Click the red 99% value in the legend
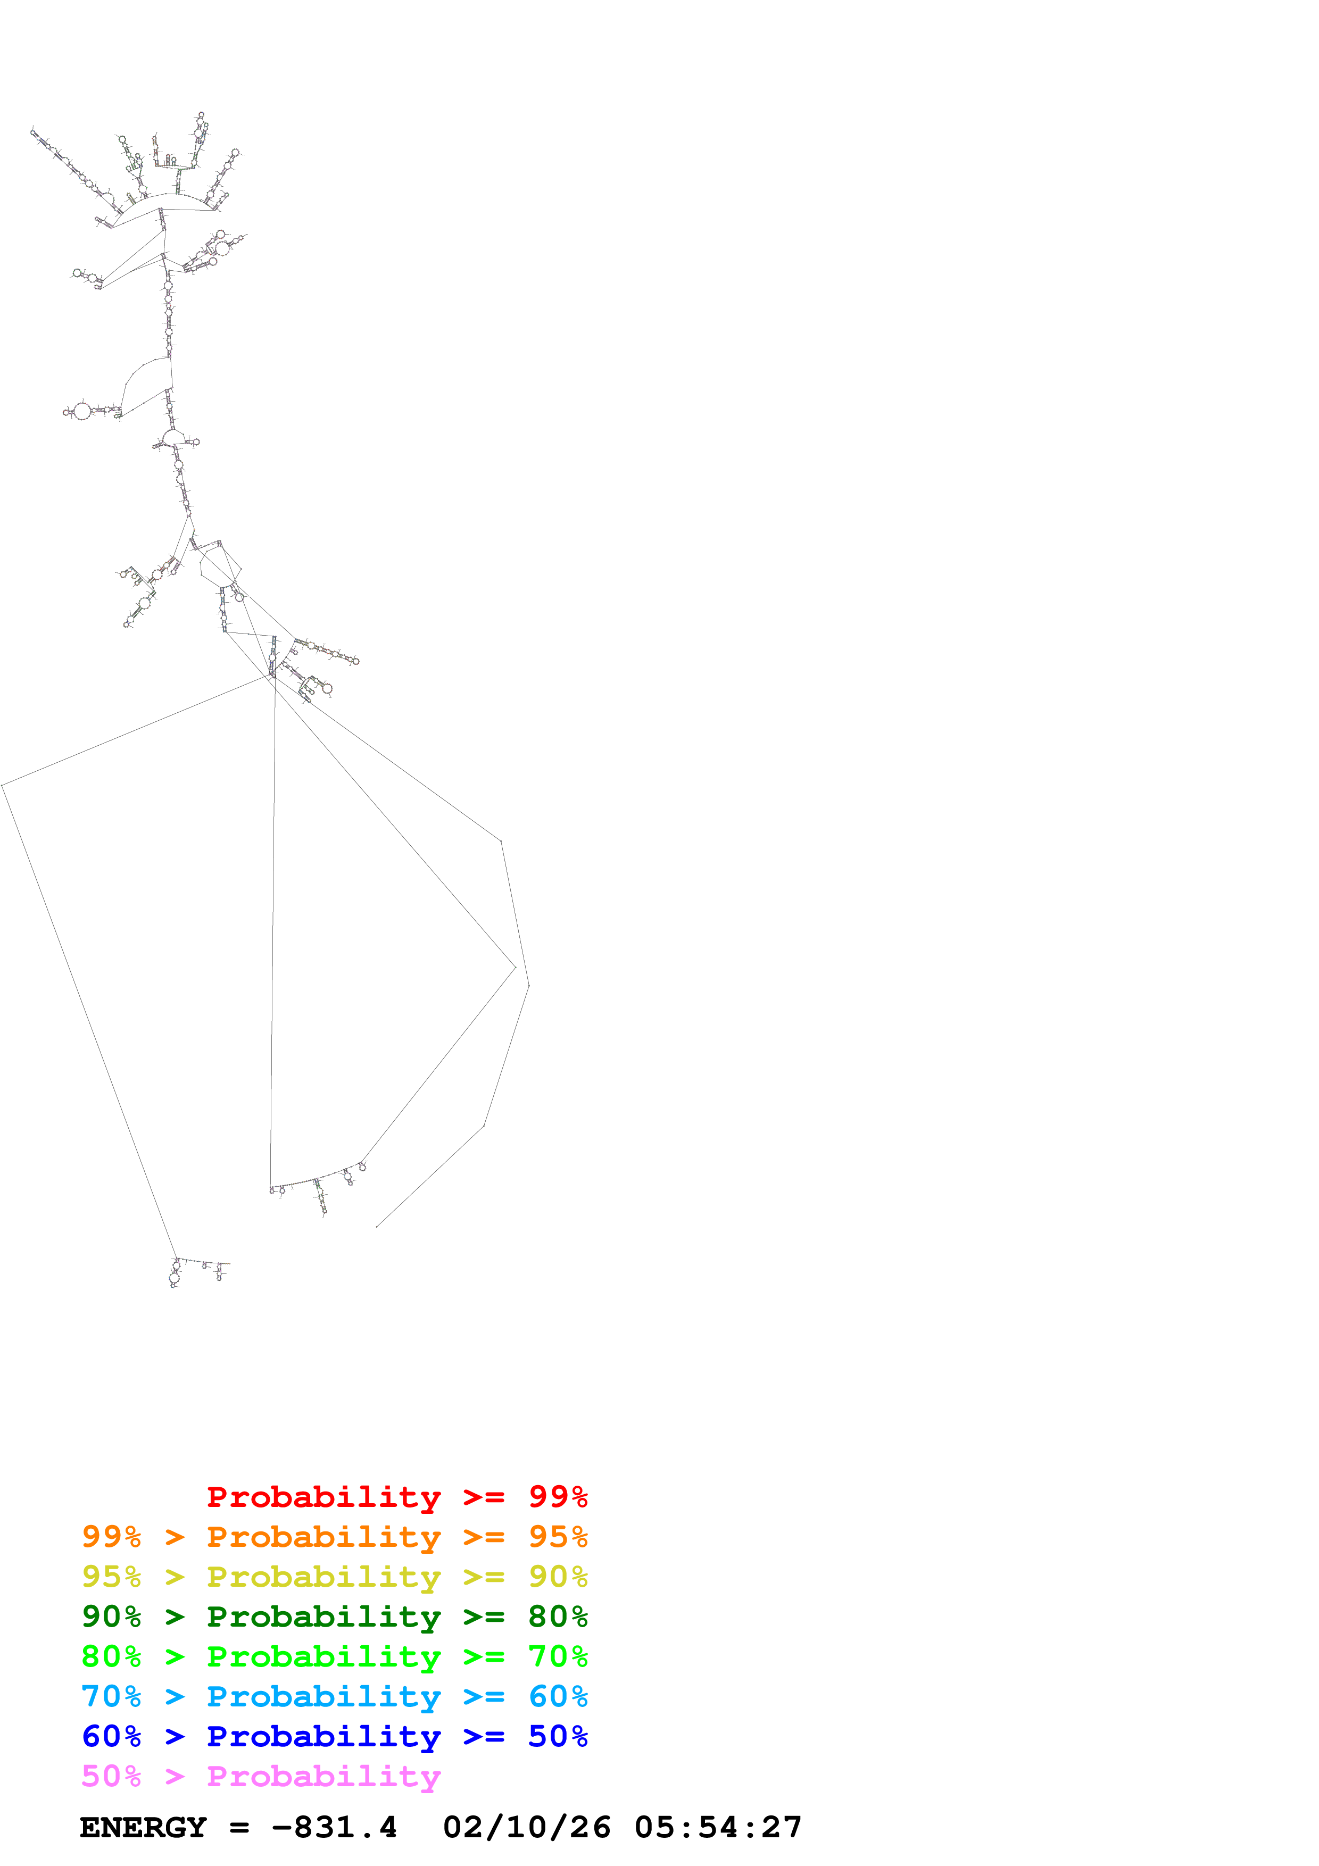pos(558,1496)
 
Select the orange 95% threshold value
pos(558,1537)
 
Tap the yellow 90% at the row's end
pos(558,1577)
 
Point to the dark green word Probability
pos(323,1617)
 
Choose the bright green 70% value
pos(558,1656)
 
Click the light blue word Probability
pos(323,1696)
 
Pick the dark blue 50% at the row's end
pos(558,1736)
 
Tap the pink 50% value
pos(111,1776)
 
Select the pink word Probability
pos(323,1776)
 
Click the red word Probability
pos(323,1496)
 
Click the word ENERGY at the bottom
pos(143,1827)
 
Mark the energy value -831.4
pos(334,1827)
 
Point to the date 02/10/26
pos(526,1827)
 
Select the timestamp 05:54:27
pos(718,1827)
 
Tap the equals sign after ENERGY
pos(239,1827)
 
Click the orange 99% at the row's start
pos(111,1537)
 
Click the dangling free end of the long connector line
pos(376,1227)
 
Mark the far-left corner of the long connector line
pos(3,786)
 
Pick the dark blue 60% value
pos(111,1736)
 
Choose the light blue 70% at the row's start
pos(111,1696)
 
